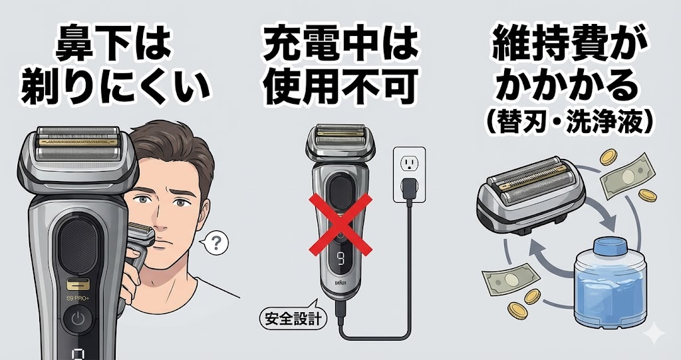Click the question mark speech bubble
tap(215, 244)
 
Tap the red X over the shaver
tap(340, 224)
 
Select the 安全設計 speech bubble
tap(292, 319)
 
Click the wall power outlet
tap(409, 174)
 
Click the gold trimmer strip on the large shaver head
tap(78, 142)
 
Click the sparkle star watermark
tap(654, 335)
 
